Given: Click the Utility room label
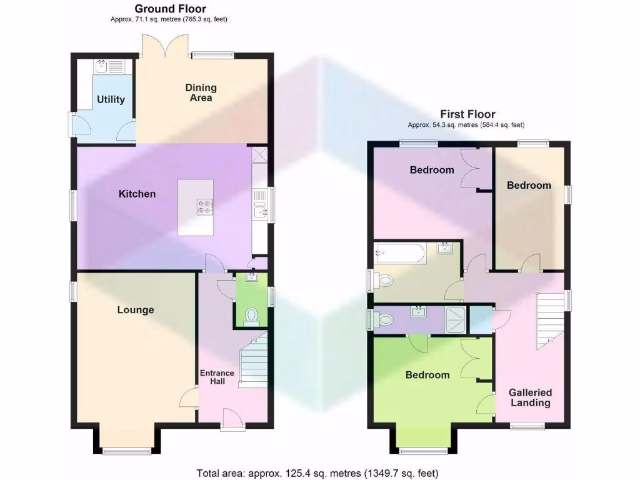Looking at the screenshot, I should coord(111,99).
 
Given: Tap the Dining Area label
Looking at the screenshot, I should coord(201,92).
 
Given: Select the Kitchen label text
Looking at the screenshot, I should coord(137,194).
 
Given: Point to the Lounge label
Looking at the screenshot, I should coord(136,310).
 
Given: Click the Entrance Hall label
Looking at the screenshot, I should coord(217,377).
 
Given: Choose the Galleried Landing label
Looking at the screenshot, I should coord(530,397).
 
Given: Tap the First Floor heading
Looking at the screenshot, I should coord(467,114).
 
